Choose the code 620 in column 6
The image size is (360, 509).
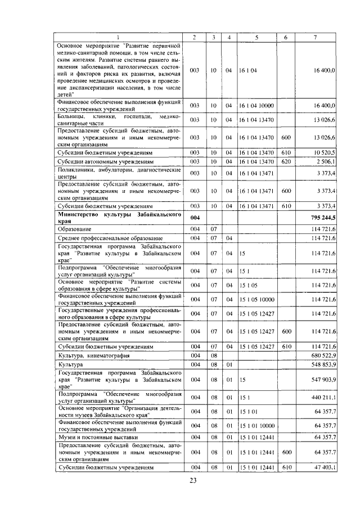click(286, 161)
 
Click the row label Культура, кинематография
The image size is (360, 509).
click(94, 355)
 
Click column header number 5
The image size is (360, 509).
click(256, 37)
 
